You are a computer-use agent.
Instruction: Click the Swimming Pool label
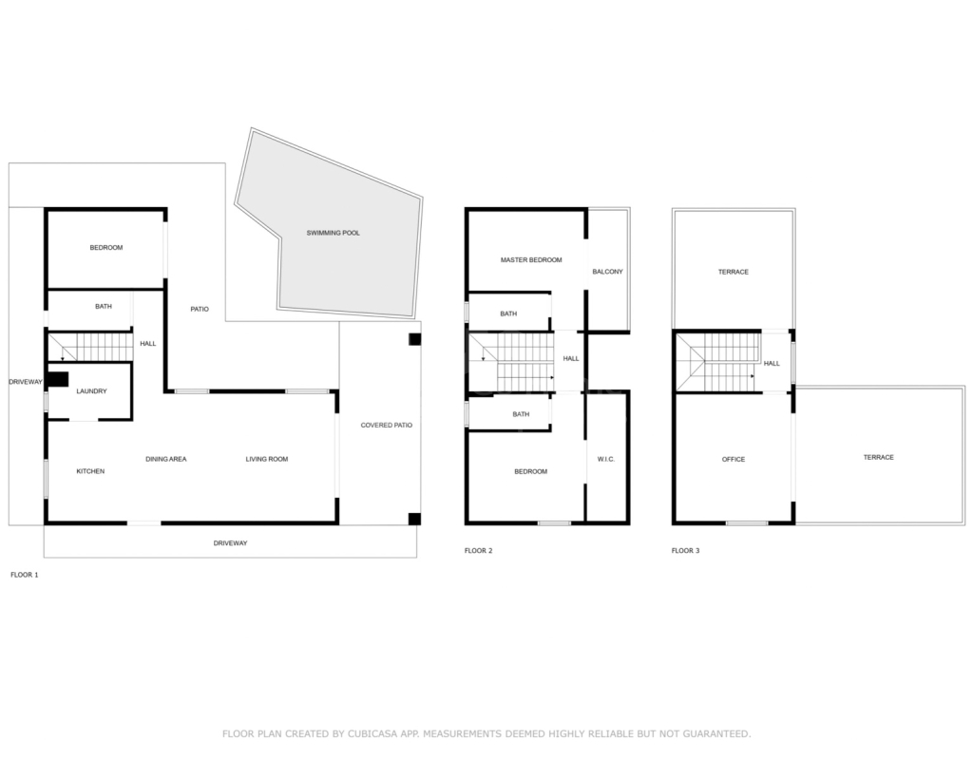point(333,234)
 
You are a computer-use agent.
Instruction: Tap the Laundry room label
point(91,391)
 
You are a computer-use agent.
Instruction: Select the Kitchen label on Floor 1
point(90,471)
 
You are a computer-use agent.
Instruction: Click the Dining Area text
point(165,459)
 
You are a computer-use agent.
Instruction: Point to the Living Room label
point(267,459)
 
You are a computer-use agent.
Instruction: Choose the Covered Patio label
point(387,426)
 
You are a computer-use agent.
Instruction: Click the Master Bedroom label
point(531,260)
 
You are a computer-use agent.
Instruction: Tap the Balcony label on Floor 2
point(607,272)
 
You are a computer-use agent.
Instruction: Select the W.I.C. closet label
point(605,459)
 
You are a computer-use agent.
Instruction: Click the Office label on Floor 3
point(734,459)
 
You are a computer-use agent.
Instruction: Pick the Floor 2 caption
point(479,551)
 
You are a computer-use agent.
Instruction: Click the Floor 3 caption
point(685,551)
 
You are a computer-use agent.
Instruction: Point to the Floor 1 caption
point(24,575)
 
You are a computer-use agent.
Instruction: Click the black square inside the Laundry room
point(58,379)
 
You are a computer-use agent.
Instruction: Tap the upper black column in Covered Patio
point(414,339)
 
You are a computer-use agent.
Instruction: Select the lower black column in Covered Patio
point(414,520)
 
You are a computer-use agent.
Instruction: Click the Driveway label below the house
point(230,543)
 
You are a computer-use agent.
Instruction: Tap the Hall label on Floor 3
point(772,364)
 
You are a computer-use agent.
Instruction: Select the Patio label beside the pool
point(200,309)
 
